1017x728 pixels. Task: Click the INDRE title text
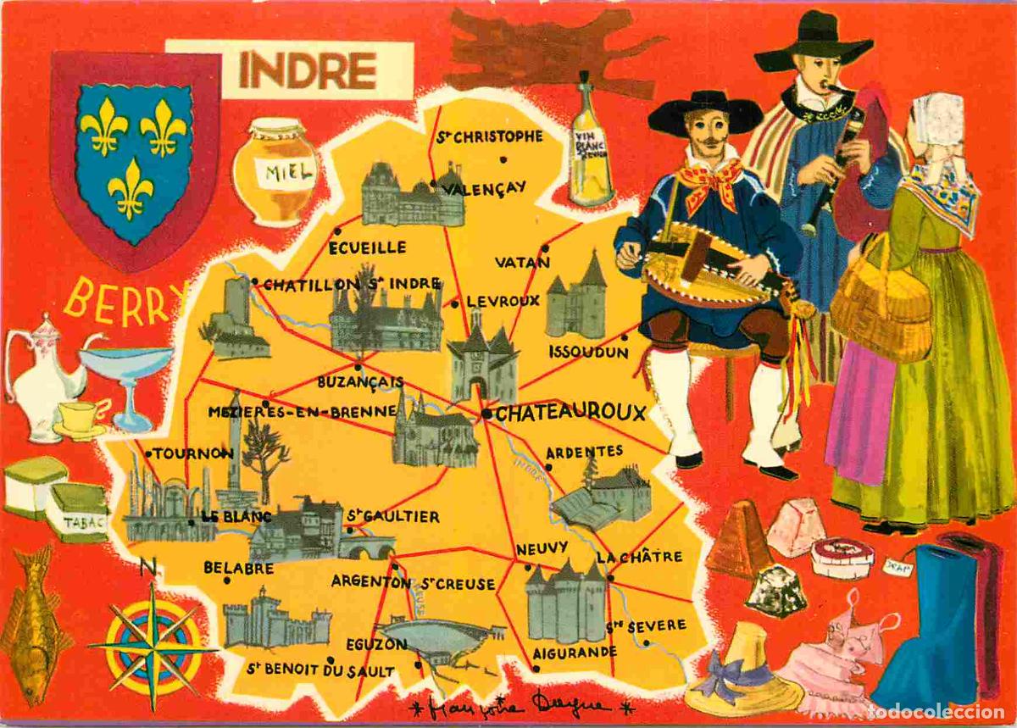coord(307,70)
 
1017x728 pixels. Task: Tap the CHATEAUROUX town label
coord(570,414)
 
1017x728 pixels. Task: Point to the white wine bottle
coord(590,145)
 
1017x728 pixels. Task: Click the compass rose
coord(153,647)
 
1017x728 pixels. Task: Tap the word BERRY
coord(125,303)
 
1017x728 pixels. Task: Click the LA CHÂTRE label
coord(639,557)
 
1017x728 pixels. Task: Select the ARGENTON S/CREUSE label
coord(413,583)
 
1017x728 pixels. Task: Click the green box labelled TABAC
coord(76,513)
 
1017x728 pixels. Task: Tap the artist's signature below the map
coord(520,706)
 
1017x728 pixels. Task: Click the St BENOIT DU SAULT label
coord(320,670)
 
